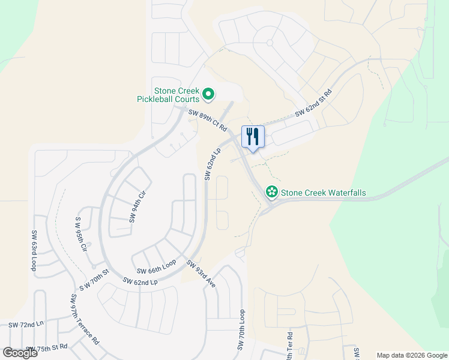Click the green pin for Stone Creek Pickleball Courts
(208, 94)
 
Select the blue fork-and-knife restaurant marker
(253, 137)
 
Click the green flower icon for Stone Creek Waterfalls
(271, 191)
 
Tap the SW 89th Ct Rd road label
(207, 121)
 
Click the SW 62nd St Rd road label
(313, 104)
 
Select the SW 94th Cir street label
(137, 206)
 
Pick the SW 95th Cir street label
(82, 235)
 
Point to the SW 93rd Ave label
(200, 274)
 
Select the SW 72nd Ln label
(26, 324)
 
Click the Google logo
(20, 352)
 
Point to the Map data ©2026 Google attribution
(412, 355)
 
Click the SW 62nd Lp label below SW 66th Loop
(140, 281)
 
